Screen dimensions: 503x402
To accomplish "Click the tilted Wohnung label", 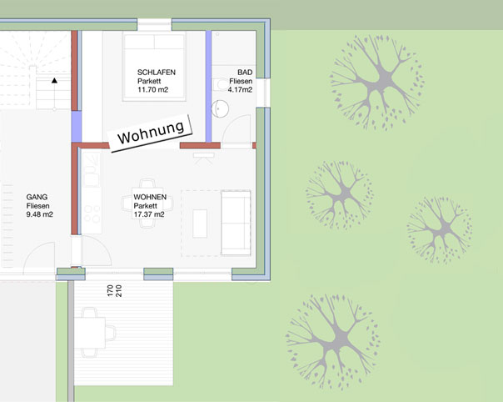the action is coord(151,133).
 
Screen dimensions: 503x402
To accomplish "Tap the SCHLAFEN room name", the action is coord(157,73).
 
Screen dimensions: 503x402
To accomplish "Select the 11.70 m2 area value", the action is coord(152,89).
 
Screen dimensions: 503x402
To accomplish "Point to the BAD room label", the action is coord(245,73).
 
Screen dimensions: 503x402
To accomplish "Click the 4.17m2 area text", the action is coord(240,89).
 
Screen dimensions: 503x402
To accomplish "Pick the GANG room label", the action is coord(37,197).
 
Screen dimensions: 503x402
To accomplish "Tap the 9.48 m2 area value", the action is coord(39,214).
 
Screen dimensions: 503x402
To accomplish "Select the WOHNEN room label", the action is coord(150,197).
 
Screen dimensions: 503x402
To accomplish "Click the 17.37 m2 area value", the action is coord(149,214).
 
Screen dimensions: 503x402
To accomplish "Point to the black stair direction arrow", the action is coord(54,80).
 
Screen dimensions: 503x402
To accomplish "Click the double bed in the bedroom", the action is coord(154,66).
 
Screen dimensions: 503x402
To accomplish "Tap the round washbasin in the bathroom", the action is coord(220,108).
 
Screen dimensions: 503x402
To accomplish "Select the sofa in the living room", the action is coord(236,223).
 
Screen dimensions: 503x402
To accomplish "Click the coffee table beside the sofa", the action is coord(200,224).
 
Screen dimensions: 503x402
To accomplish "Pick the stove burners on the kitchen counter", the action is coord(92,214).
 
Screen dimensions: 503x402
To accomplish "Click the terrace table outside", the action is coord(90,333).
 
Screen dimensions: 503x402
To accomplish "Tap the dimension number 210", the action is coord(118,291).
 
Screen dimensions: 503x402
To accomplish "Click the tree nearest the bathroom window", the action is coord(377,83).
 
